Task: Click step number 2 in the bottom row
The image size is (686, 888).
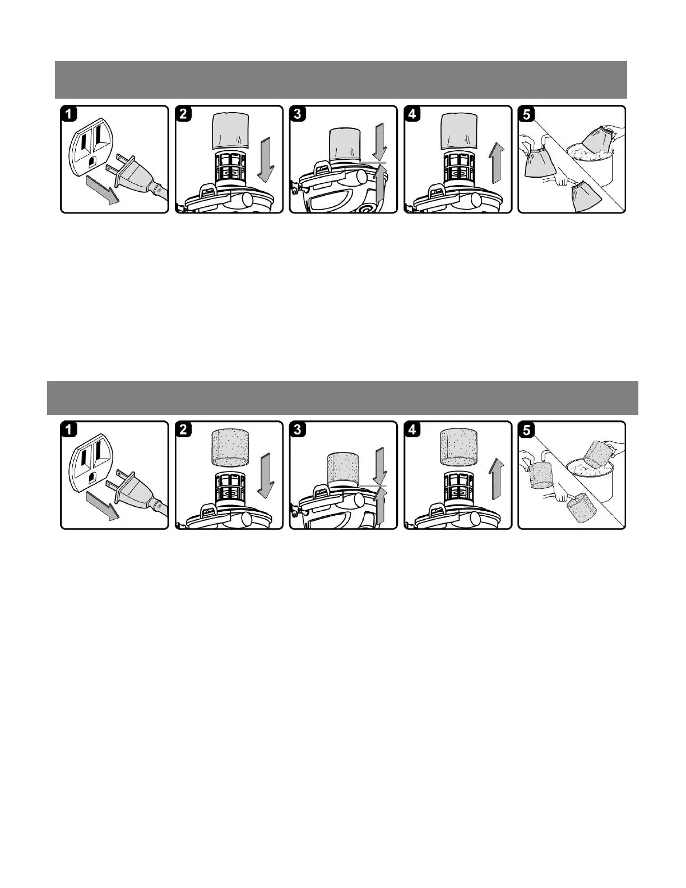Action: (183, 431)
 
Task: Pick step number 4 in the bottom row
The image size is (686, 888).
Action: (411, 431)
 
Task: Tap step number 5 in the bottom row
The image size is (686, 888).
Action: (526, 431)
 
